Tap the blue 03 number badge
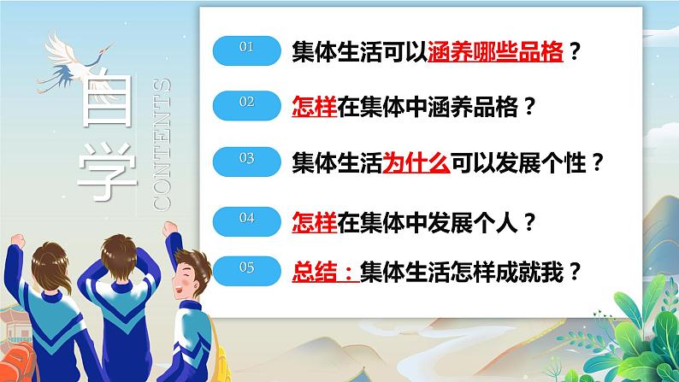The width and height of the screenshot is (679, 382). coord(247,160)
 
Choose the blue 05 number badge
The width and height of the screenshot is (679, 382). coord(247,271)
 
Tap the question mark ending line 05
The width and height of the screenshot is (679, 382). coord(575,272)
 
